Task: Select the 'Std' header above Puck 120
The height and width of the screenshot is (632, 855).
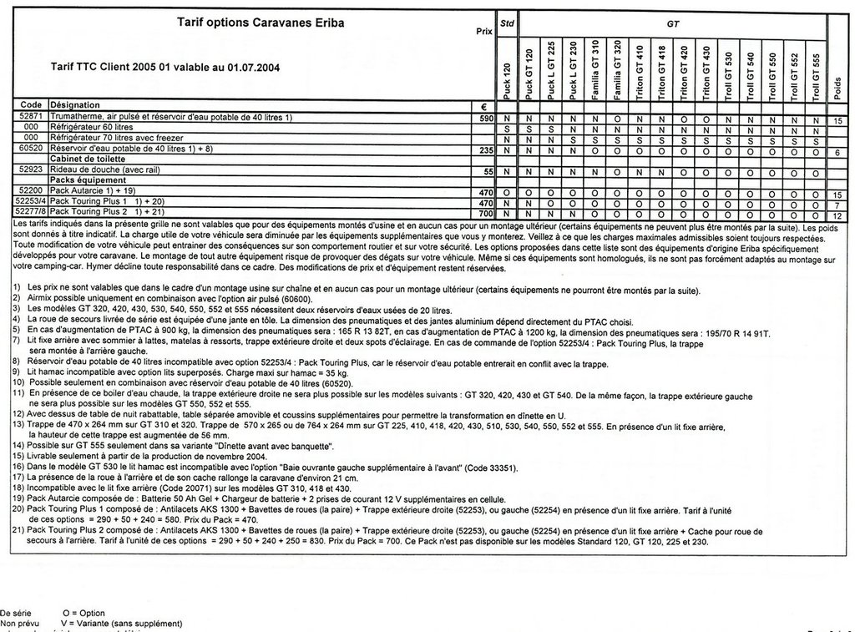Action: (506, 26)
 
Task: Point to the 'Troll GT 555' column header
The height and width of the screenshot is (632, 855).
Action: (816, 73)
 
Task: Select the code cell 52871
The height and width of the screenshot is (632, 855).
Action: (30, 118)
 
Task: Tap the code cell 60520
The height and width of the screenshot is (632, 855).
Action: (30, 149)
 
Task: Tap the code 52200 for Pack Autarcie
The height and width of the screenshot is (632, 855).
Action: (30, 191)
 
